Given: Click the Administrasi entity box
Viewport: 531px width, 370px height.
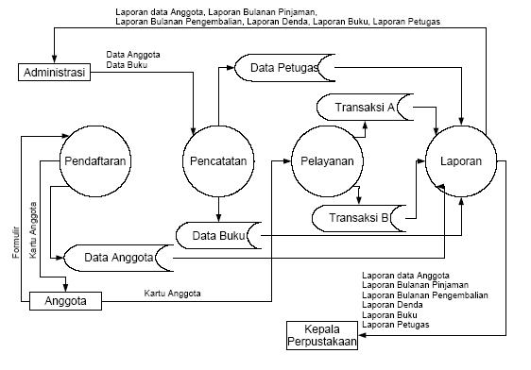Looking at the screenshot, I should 54,73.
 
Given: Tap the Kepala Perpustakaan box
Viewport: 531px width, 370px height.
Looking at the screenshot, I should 323,335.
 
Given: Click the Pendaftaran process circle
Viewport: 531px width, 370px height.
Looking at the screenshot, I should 96,161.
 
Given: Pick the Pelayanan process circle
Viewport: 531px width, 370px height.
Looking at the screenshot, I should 327,161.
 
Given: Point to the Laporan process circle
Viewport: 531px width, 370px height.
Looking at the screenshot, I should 461,161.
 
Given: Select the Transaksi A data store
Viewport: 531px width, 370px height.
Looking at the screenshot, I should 364,108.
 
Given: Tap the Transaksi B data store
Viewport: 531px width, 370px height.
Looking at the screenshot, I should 359,218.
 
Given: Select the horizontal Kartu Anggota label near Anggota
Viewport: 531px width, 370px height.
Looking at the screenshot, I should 172,294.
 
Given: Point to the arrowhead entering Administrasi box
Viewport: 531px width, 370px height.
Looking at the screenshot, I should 54,60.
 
